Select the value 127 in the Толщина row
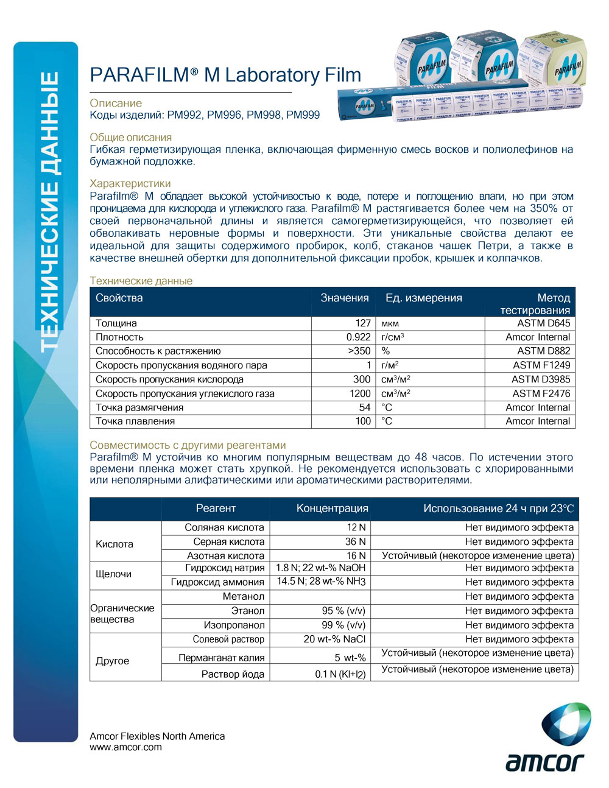pos(363,323)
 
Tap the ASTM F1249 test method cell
pos(541,365)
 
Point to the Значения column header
pos(345,298)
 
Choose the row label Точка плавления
pos(135,421)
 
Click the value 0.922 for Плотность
pos(359,337)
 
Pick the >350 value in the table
pos(359,351)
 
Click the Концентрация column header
pos(332,508)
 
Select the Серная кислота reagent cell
pos(228,542)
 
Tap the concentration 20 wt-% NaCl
pos(334,639)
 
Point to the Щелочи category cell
pos(114,574)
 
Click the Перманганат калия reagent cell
pos(221,658)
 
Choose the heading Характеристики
pos(130,183)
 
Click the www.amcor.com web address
pos(126,747)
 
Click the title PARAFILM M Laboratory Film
pos(225,75)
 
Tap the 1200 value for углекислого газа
pos(360,394)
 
